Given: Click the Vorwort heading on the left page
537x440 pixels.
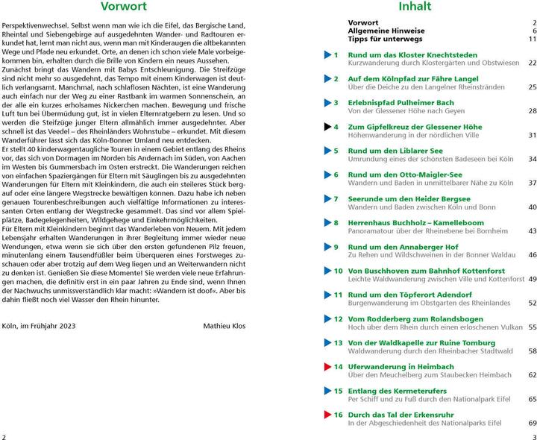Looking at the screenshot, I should (135, 10).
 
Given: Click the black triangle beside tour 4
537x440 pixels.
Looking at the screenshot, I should (327, 127).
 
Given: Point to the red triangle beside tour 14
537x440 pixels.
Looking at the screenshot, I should (327, 367).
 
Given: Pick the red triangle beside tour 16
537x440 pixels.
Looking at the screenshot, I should (327, 415).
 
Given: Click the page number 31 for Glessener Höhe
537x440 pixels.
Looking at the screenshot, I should (532, 136).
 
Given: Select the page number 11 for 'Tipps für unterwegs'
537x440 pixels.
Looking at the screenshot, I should (532, 39).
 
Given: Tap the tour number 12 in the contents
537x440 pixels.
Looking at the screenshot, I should (337, 319).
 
